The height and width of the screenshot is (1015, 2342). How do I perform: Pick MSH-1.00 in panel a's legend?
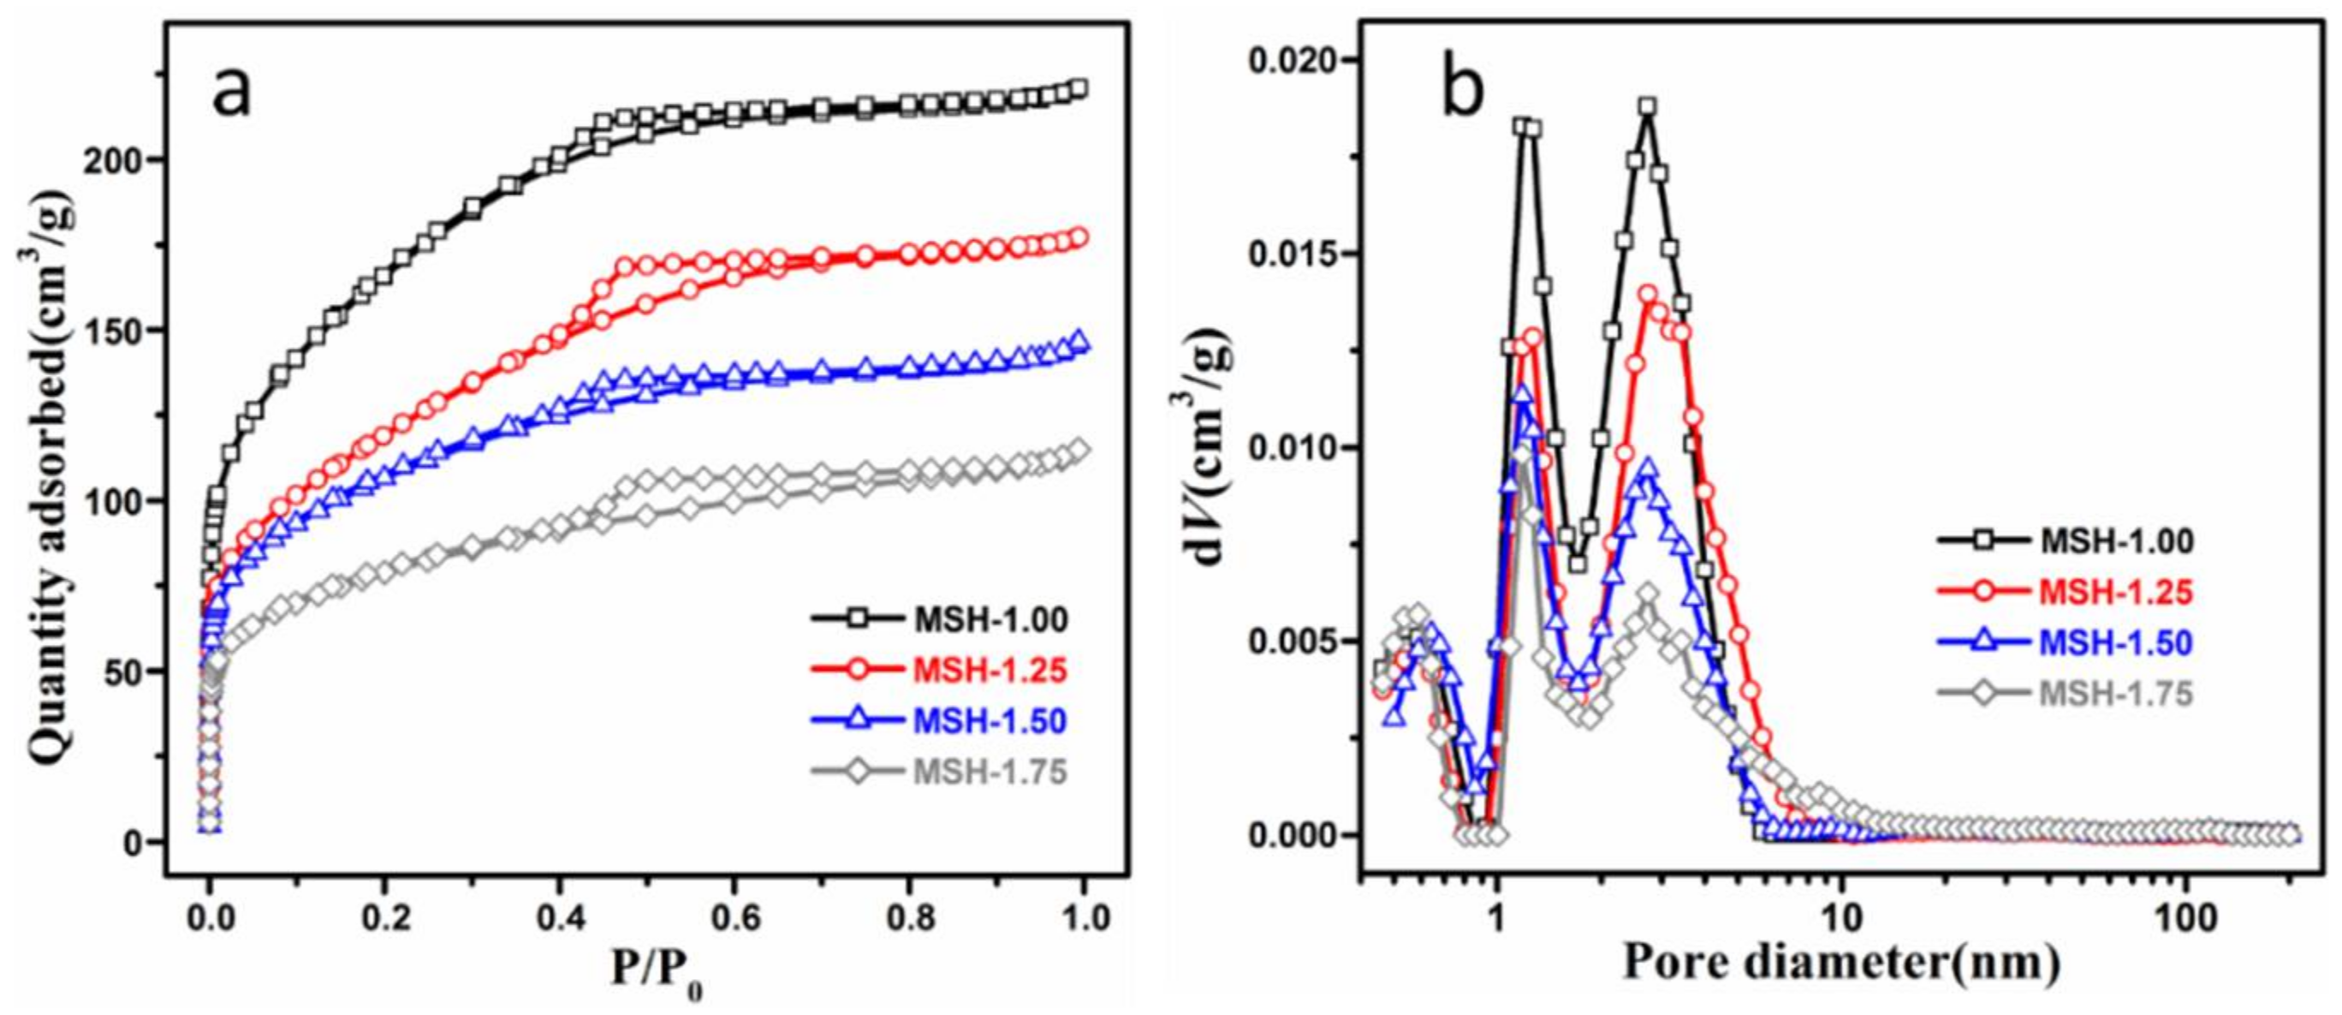(990, 619)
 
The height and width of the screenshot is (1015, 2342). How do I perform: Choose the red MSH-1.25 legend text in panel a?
(990, 671)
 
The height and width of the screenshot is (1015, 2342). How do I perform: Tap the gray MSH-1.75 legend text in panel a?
(990, 772)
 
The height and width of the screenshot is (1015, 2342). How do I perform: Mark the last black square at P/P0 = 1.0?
(1079, 88)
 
